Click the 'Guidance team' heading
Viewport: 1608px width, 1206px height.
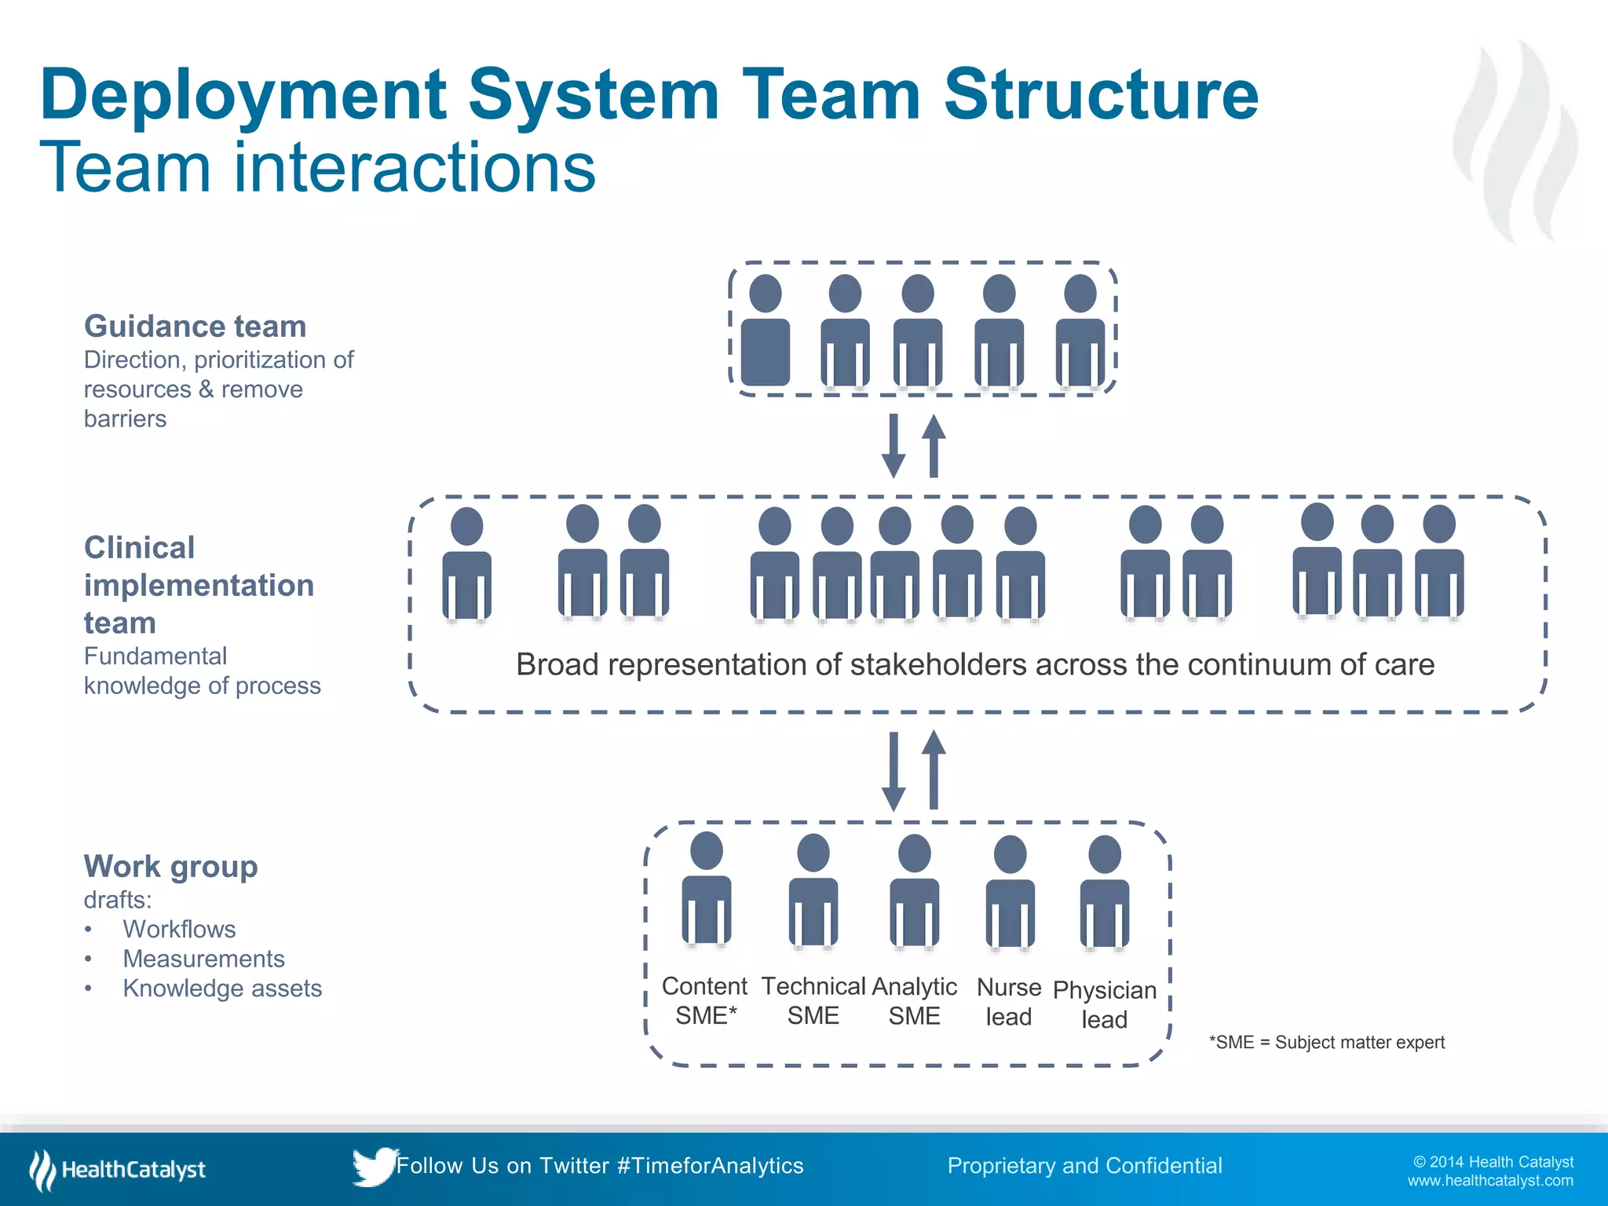click(195, 326)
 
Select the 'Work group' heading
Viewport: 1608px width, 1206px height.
click(170, 866)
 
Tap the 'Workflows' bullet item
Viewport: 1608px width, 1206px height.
click(179, 929)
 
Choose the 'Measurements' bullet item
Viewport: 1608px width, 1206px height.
click(203, 959)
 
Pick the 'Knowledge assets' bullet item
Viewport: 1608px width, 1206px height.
click(222, 989)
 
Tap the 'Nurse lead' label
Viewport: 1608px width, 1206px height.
click(1009, 1002)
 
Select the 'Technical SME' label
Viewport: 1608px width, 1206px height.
click(813, 1001)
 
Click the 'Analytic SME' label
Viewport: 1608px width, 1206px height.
click(915, 1001)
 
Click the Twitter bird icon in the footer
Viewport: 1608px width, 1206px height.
click(374, 1166)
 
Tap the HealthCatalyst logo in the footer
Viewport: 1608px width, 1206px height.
click(118, 1170)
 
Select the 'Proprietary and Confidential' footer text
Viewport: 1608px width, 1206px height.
click(1084, 1166)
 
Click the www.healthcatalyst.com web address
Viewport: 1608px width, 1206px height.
click(1490, 1181)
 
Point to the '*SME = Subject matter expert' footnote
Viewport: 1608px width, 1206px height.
click(1327, 1043)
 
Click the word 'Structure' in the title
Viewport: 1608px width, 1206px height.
click(1101, 94)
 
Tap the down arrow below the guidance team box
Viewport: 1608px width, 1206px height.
click(894, 446)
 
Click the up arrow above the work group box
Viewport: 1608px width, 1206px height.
click(934, 769)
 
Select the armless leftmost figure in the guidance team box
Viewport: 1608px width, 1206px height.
click(766, 331)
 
